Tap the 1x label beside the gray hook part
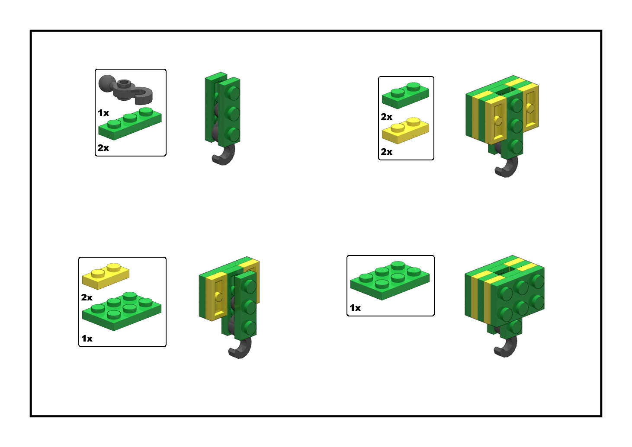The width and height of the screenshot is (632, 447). click(x=103, y=113)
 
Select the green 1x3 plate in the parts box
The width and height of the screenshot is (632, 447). click(x=130, y=124)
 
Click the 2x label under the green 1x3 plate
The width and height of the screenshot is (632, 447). click(x=103, y=148)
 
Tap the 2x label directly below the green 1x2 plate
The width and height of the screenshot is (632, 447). click(x=386, y=117)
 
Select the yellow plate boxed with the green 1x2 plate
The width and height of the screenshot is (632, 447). click(x=405, y=131)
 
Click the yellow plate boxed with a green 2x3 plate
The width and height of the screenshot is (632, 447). click(x=106, y=276)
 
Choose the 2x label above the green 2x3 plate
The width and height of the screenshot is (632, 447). click(x=87, y=297)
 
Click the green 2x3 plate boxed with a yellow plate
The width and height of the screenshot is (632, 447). click(x=122, y=311)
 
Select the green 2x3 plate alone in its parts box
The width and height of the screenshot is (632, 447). click(x=390, y=281)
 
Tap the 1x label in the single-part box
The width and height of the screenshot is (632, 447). click(x=355, y=308)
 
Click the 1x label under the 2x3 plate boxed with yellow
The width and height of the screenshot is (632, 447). click(x=87, y=338)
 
